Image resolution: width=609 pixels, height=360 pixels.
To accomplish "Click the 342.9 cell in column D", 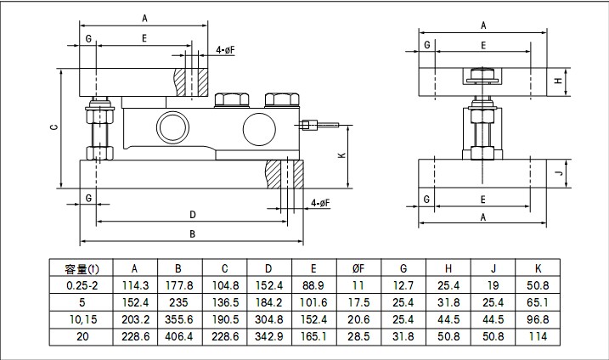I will click(268, 336).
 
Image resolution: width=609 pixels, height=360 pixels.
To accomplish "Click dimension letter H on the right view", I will click(557, 81).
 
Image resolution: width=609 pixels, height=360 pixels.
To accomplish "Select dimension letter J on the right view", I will click(557, 173).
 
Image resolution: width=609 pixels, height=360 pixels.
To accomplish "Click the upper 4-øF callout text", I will click(225, 50).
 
